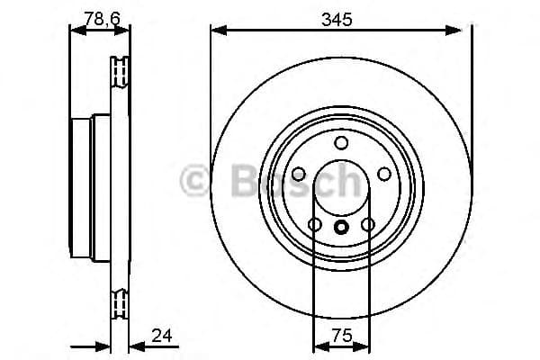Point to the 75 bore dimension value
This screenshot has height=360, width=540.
[340, 336]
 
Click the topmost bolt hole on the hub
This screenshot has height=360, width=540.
[341, 143]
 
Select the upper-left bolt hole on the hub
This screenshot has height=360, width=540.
[298, 174]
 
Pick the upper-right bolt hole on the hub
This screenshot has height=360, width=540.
[383, 174]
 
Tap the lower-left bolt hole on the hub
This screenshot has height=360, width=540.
[315, 224]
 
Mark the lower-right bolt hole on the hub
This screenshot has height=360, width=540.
[367, 224]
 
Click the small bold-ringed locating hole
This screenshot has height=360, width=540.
[341, 227]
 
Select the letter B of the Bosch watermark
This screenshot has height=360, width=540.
[230, 180]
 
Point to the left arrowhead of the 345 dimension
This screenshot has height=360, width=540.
[217, 31]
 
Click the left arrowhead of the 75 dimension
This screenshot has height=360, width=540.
[317, 348]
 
